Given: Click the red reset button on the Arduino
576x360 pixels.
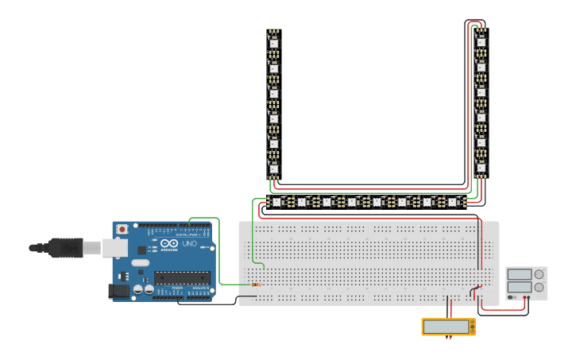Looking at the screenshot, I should (122, 229).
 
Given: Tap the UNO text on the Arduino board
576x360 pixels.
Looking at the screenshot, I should (190, 243).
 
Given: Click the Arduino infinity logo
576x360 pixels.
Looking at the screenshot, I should (169, 243).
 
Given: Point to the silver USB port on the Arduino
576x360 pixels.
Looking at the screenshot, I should (114, 248).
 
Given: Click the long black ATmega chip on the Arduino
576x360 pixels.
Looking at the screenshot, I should (182, 277).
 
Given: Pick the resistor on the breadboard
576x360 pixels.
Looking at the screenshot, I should (256, 284).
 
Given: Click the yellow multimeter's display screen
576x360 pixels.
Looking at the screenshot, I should (446, 327).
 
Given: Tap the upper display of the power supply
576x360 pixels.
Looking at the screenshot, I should (520, 274).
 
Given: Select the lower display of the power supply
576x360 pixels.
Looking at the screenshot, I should (520, 287).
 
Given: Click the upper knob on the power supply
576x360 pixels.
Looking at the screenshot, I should (540, 274).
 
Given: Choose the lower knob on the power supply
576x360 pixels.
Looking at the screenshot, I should (540, 288).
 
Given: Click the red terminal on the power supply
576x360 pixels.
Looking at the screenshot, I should (525, 297).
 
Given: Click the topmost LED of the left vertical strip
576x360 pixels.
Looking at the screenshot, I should (274, 42).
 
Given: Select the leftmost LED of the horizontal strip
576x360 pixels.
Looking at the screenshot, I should (276, 202).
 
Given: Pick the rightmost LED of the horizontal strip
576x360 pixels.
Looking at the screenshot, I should (453, 202).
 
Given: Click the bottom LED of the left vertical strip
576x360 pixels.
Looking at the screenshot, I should (274, 168).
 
